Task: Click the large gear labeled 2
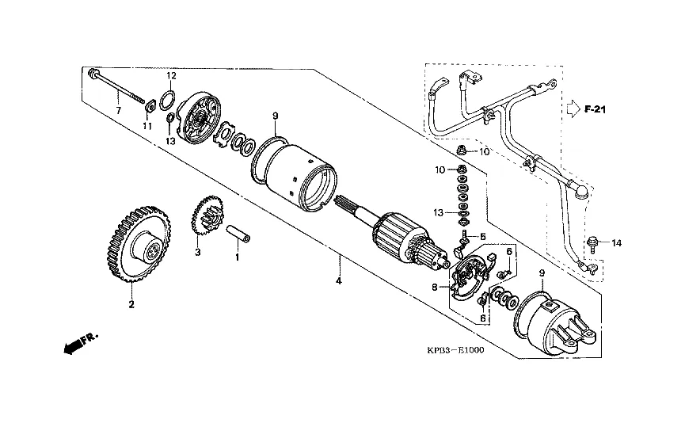pos(139,244)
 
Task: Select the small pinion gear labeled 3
pos(207,218)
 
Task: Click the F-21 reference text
pos(595,109)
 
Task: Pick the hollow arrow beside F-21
pos(573,109)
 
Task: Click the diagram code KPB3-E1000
pos(455,350)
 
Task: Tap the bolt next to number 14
pos(590,243)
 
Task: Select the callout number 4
pos(339,281)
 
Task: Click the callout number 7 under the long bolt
pos(118,111)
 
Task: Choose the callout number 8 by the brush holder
pos(435,287)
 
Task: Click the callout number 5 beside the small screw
pos(483,236)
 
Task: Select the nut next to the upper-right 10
pos(460,151)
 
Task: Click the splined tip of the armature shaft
pos(343,203)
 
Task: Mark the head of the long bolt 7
pos(92,73)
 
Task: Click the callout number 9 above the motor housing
pos(276,116)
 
